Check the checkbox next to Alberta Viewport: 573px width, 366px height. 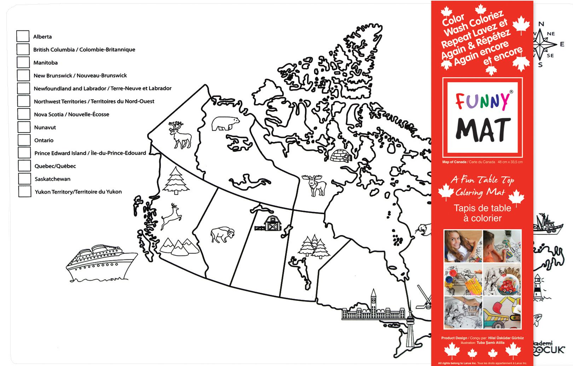tap(23, 36)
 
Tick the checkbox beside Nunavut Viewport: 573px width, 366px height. tap(24, 127)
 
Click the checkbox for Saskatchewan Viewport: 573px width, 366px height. tap(25, 179)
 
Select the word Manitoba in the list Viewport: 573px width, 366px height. tap(46, 63)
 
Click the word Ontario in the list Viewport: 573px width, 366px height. tap(44, 140)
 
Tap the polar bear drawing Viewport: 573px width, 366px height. tap(225, 123)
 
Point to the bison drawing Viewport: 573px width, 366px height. tap(222, 234)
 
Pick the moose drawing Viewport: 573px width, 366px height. tap(315, 185)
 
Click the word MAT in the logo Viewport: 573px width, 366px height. tap(483, 130)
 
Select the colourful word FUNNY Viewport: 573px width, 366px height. tap(482, 101)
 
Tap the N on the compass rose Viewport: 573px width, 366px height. tap(541, 24)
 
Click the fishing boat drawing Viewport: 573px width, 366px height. tap(548, 224)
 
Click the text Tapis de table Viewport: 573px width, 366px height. tap(482, 208)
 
